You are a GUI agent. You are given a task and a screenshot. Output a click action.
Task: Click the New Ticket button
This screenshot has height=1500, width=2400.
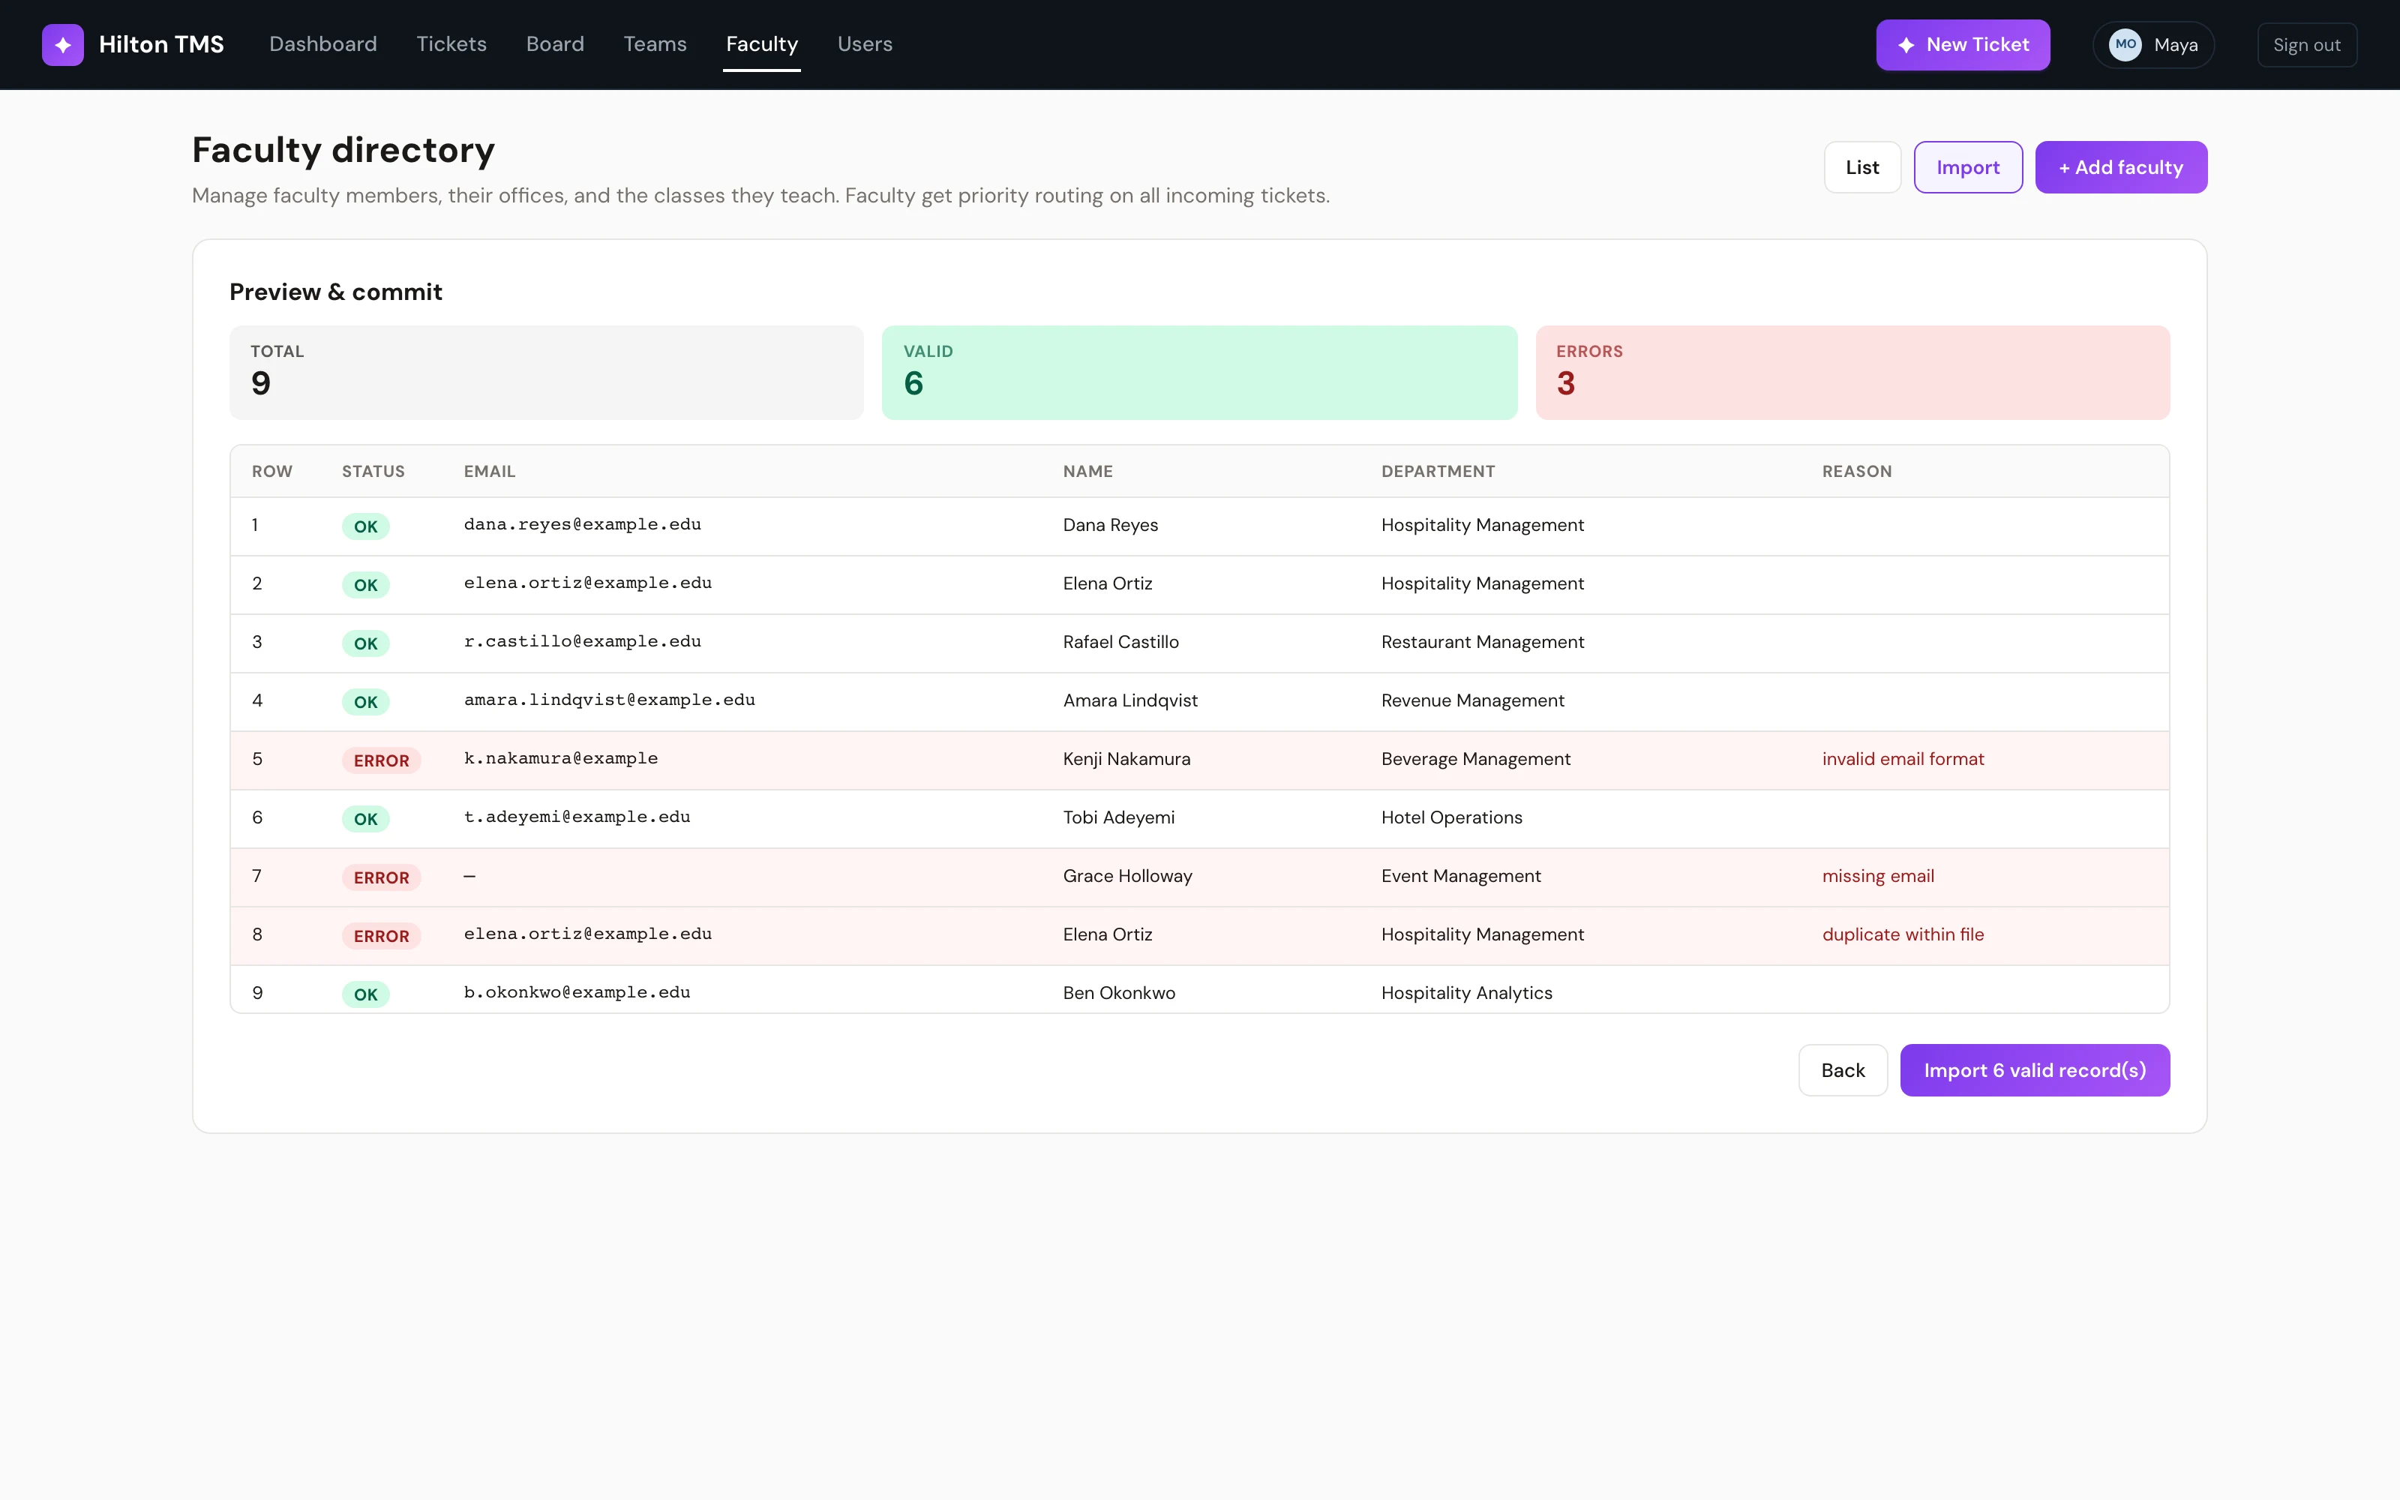[1963, 45]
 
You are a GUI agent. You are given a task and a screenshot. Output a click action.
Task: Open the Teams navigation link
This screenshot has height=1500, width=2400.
[655, 45]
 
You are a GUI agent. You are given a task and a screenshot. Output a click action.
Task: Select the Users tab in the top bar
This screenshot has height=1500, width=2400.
[865, 45]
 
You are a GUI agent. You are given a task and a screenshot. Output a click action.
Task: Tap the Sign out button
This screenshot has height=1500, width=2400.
[2307, 45]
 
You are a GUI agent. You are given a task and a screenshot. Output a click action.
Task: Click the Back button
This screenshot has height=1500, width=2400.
[1843, 1069]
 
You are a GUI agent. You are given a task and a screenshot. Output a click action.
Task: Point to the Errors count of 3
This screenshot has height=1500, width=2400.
[1565, 383]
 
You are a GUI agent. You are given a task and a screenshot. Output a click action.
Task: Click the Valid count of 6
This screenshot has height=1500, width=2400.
[913, 383]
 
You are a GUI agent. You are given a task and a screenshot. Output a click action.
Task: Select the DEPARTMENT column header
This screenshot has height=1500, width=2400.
[1438, 471]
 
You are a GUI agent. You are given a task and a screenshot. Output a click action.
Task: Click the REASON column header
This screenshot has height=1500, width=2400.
[1856, 471]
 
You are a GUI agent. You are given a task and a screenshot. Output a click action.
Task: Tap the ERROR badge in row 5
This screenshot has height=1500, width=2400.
[381, 760]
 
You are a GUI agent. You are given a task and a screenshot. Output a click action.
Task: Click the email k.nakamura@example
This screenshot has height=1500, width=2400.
[560, 758]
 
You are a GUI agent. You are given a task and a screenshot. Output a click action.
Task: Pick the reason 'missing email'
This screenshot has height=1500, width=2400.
[1877, 876]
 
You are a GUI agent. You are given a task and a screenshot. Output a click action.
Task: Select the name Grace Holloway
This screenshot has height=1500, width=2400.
[1127, 876]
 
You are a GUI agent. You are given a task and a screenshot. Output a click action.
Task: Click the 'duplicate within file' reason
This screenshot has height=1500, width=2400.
[1902, 934]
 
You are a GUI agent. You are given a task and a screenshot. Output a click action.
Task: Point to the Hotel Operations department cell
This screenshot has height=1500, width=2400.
[1451, 817]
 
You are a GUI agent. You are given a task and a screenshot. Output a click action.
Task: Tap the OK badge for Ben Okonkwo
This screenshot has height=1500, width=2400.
[366, 994]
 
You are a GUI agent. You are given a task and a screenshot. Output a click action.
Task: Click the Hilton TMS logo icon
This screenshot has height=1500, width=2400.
[62, 45]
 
